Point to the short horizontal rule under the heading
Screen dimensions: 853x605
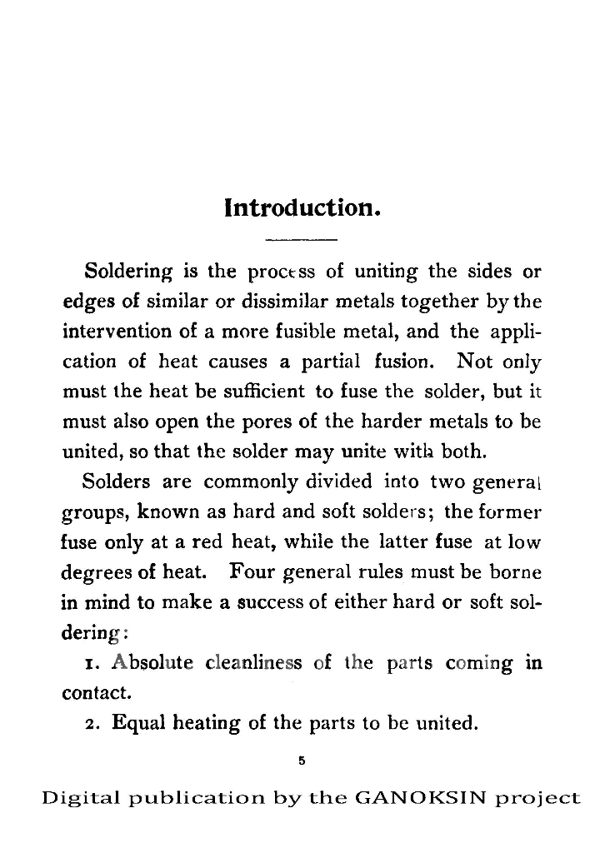(301, 241)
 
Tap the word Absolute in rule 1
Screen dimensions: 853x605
(152, 663)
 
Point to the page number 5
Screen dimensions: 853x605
(302, 759)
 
